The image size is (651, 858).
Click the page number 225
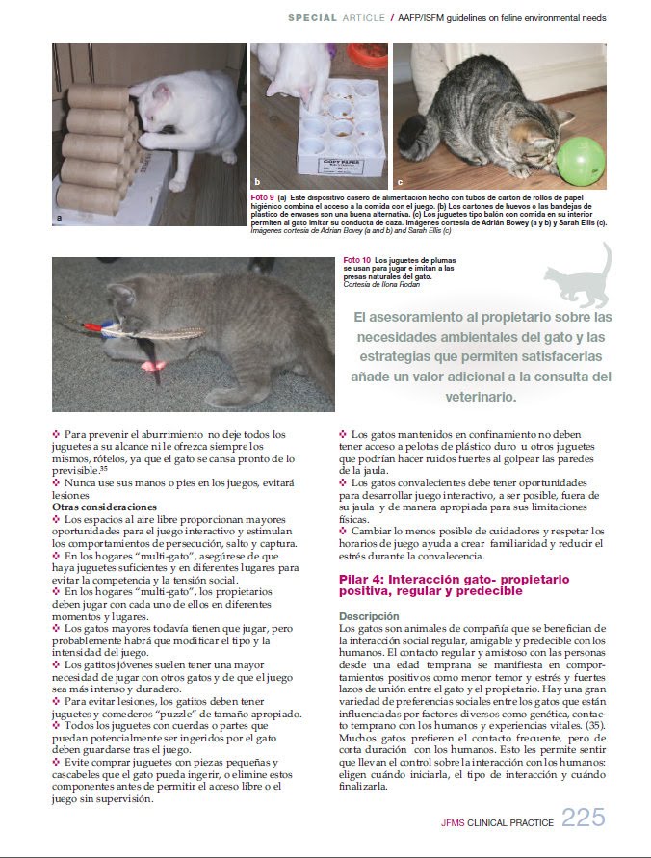pos(584,818)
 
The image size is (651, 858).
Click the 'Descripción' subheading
pos(370,615)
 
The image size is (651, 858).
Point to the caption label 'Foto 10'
pos(357,260)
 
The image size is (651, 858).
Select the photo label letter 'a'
pos(60,219)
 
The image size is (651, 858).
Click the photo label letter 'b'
pos(257,181)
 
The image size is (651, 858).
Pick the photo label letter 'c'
pos(400,181)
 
